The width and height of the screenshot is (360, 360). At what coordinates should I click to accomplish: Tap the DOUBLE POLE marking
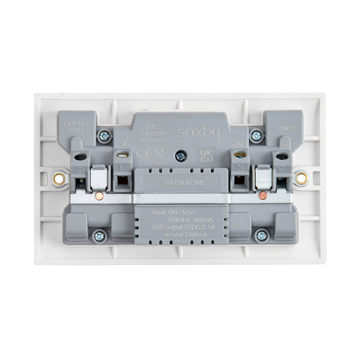(x=73, y=127)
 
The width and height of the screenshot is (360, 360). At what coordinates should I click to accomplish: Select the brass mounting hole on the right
(x=302, y=179)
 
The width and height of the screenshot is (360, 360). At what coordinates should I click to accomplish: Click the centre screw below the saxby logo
(x=180, y=156)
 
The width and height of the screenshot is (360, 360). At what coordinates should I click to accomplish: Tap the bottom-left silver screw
(x=100, y=236)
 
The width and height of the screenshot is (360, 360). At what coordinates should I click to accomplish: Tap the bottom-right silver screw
(x=260, y=236)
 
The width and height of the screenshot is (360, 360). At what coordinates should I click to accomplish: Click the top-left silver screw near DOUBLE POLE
(x=103, y=135)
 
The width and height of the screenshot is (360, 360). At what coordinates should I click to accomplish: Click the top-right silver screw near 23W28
(x=256, y=135)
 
